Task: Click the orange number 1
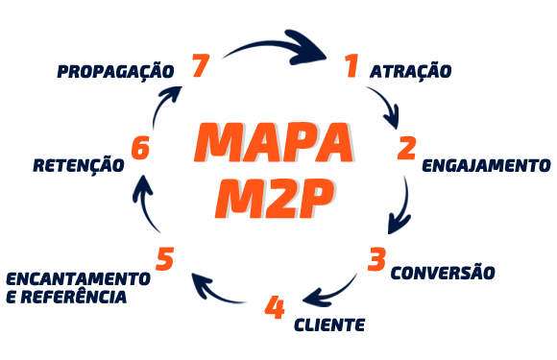[x=351, y=66]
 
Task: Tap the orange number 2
[x=406, y=148]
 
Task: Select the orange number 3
[x=377, y=259]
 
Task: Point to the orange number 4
[x=275, y=308]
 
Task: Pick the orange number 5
[x=165, y=259]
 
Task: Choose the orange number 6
[x=141, y=149]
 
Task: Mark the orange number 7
[x=200, y=66]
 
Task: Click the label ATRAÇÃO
[x=410, y=72]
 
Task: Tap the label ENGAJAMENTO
[x=486, y=165]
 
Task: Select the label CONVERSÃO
[x=443, y=273]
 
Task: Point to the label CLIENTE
[x=329, y=324]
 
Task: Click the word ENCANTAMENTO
[x=78, y=278]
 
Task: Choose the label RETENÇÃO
[x=79, y=165]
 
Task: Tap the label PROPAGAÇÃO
[x=115, y=71]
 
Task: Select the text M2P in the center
[x=275, y=196]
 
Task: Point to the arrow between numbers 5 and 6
[x=147, y=203]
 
